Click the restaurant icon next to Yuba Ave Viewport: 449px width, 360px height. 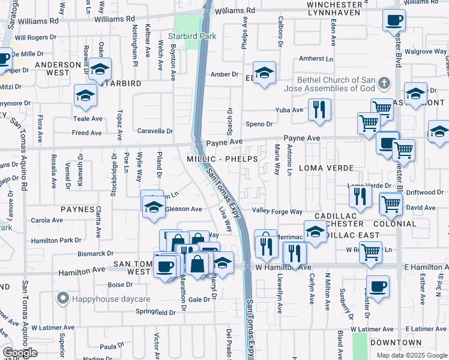pos(319,110)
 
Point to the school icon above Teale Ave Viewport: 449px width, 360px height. pos(85,95)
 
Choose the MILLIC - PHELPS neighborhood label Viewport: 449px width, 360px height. pos(222,159)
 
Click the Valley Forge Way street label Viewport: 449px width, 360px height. pos(277,211)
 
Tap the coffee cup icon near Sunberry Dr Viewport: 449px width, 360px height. pos(378,286)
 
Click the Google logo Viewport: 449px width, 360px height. pos(20,353)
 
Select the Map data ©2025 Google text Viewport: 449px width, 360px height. pos(411,355)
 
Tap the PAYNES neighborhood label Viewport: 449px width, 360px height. pos(77,209)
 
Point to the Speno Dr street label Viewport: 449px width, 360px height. pos(259,124)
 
